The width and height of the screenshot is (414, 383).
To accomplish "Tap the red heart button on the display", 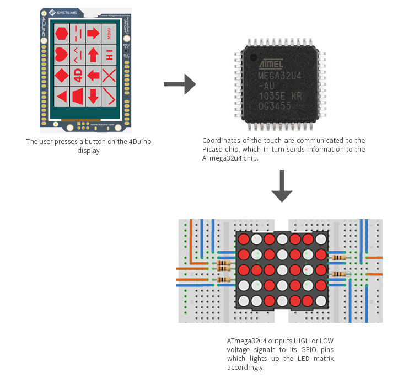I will [x=62, y=54].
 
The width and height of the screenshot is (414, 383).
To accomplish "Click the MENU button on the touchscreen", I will [x=109, y=33].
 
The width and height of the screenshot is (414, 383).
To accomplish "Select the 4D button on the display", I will [x=78, y=74].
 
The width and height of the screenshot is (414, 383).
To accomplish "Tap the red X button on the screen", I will [x=109, y=75].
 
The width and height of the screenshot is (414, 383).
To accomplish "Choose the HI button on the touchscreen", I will [x=109, y=54].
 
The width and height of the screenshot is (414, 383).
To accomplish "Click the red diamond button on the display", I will [x=62, y=75].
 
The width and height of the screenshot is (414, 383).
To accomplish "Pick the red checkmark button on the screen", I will [x=109, y=96].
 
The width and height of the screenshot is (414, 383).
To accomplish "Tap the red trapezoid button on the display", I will [x=78, y=96].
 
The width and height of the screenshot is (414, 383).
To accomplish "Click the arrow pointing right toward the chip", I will [x=180, y=84].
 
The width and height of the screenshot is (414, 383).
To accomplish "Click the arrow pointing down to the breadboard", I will [x=282, y=187].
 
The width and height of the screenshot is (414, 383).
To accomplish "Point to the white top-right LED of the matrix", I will [x=321, y=240].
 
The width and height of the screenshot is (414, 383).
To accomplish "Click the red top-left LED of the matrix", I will [x=244, y=240].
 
